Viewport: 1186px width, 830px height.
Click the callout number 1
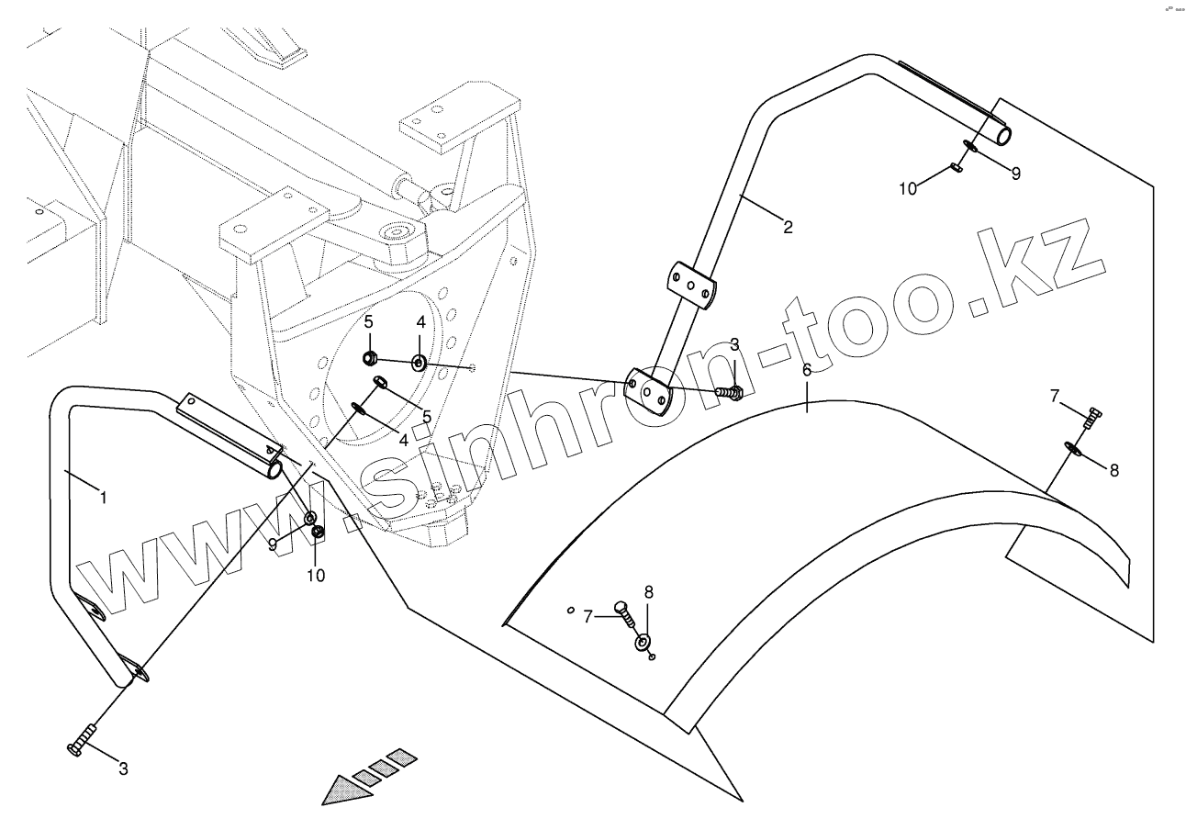(103, 497)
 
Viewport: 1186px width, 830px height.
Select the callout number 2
(788, 226)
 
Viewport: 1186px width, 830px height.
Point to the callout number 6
(807, 371)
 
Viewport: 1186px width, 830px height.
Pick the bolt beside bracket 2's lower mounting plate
(730, 393)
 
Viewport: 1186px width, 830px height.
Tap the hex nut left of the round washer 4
(370, 357)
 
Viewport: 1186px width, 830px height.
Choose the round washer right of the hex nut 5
(419, 363)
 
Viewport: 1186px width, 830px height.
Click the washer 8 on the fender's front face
(642, 641)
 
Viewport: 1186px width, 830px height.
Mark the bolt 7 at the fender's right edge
(1091, 419)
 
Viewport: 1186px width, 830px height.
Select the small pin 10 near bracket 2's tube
(956, 168)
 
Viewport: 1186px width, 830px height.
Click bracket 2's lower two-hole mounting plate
(649, 393)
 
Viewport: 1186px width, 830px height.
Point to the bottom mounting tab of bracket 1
(134, 671)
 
